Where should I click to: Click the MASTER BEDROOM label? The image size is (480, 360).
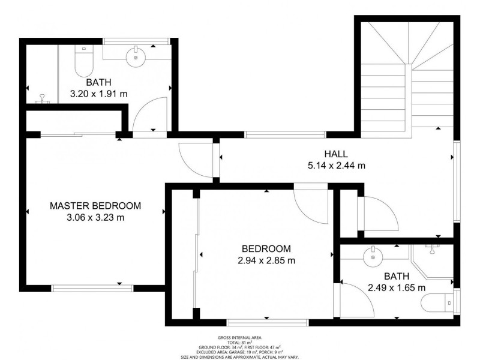click(95, 206)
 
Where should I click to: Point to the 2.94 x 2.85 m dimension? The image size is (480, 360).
click(266, 260)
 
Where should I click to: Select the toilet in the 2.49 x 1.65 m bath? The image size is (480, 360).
click(437, 302)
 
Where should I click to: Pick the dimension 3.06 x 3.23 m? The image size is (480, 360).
click(95, 218)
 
